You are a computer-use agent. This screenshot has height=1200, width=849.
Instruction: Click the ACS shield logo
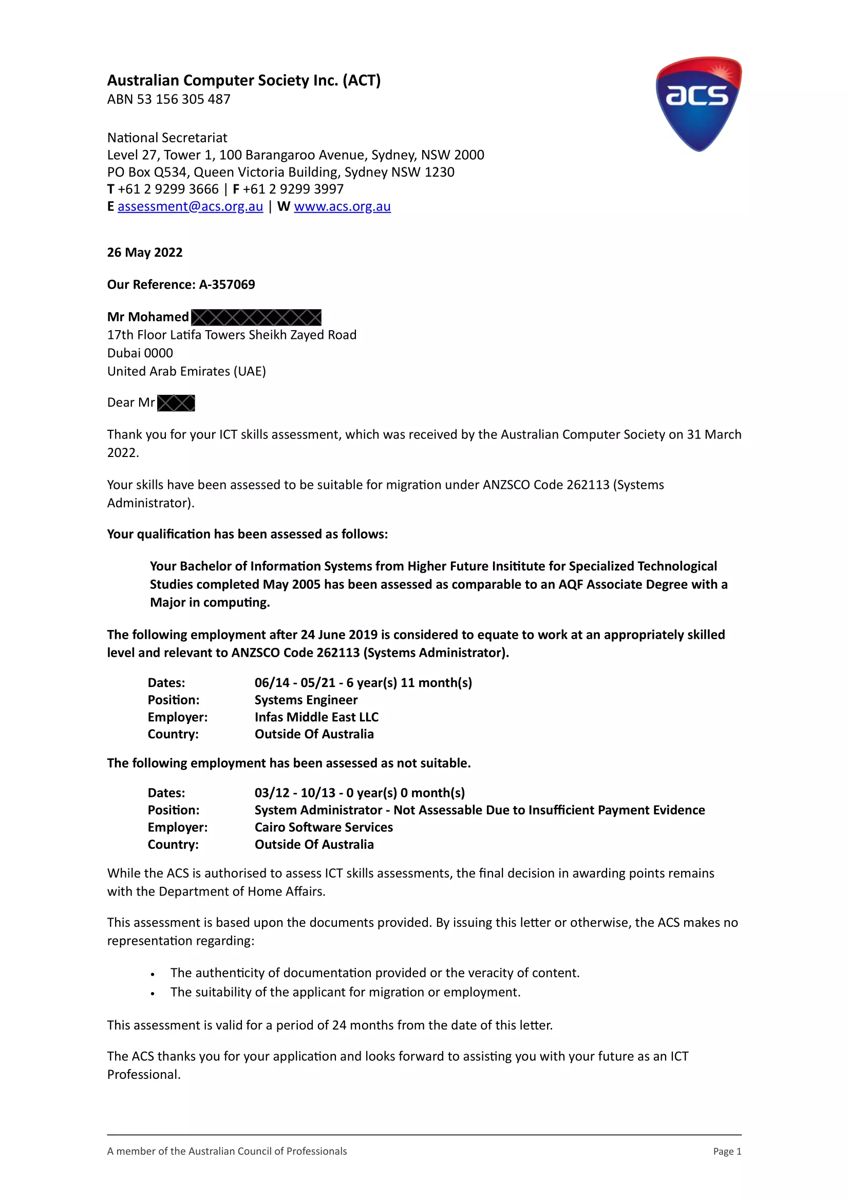(699, 104)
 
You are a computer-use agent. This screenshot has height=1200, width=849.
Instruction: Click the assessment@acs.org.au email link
(190, 206)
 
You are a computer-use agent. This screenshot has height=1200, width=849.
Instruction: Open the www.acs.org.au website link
(342, 206)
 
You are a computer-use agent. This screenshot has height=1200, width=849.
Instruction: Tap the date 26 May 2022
(145, 253)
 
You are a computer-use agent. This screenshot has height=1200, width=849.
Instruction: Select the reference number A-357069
(227, 284)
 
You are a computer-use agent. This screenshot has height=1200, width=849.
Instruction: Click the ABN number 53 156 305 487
(183, 99)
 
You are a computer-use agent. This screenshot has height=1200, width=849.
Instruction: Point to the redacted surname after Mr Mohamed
(256, 317)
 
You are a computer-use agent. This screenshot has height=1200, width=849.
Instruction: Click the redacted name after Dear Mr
(176, 403)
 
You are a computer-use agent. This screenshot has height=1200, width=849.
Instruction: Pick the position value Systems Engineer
(306, 700)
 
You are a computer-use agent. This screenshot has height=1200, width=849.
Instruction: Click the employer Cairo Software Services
(324, 827)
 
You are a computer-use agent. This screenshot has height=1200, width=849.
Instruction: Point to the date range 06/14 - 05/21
(295, 682)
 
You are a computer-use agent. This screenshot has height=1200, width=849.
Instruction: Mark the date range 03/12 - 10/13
(295, 793)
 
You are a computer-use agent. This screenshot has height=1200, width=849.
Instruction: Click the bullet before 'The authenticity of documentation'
(153, 974)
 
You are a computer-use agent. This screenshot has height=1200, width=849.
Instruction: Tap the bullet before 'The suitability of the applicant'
(153, 994)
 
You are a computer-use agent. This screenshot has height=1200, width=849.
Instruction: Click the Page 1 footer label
(727, 1151)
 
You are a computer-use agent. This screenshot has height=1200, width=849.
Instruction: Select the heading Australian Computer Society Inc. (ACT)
(243, 81)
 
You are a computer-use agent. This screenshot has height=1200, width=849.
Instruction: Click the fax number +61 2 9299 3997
(293, 189)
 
